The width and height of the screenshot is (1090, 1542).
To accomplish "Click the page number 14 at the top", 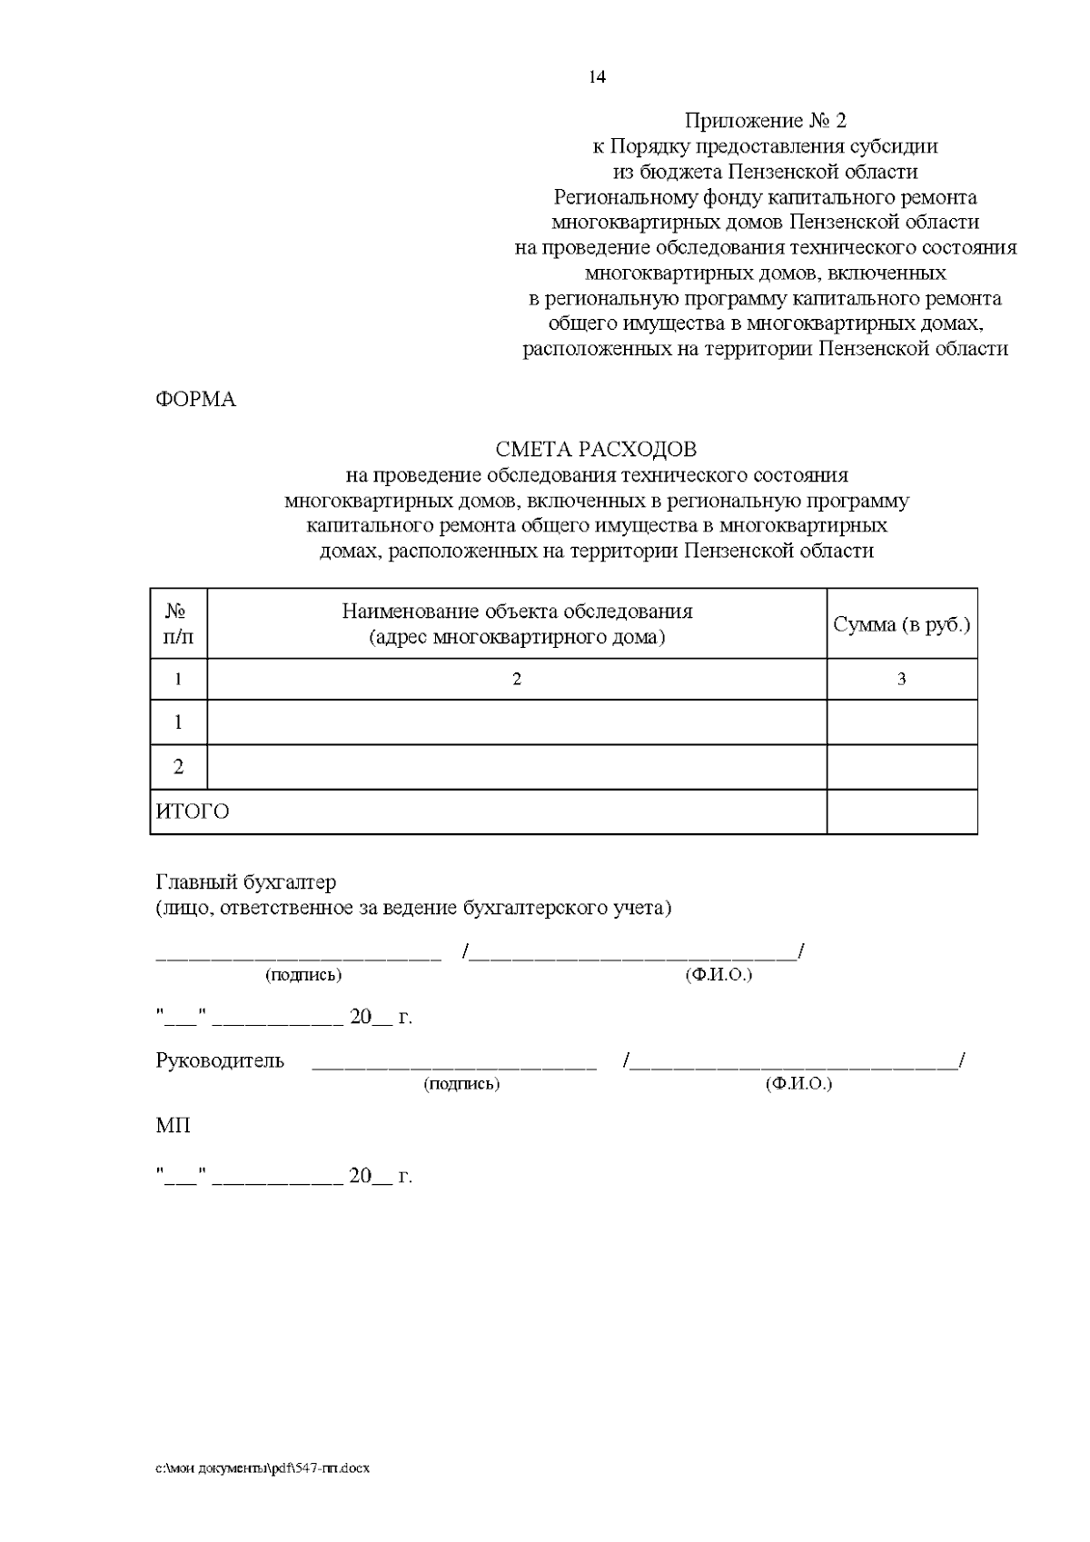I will (597, 76).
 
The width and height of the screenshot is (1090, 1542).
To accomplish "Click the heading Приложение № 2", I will (765, 121).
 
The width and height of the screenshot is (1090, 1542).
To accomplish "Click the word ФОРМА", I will (196, 400).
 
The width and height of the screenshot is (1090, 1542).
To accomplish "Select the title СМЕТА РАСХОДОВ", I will (596, 449).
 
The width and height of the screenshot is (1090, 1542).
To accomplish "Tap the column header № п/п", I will (178, 623).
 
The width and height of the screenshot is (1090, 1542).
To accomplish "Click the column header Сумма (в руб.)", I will (901, 624).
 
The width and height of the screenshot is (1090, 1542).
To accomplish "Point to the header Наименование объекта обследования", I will (517, 612).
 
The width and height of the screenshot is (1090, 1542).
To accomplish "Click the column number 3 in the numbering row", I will (901, 679).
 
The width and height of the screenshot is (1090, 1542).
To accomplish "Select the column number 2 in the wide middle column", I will (517, 679).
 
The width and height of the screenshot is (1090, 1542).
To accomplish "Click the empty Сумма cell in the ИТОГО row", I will (901, 811).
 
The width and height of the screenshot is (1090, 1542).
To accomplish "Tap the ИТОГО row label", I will (193, 811).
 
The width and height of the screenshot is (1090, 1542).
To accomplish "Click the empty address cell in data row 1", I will (517, 722).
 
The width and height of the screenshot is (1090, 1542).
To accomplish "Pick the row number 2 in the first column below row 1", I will (178, 767).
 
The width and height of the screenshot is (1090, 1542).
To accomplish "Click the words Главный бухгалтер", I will (245, 882).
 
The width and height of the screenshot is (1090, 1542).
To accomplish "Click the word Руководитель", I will (220, 1060).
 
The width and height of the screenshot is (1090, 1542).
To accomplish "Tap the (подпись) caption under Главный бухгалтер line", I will (303, 975).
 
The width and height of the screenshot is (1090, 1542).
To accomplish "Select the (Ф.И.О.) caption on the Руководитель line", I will (798, 1084).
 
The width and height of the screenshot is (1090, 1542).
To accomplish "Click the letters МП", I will (173, 1126).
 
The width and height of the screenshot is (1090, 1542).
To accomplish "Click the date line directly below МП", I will (283, 1177).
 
